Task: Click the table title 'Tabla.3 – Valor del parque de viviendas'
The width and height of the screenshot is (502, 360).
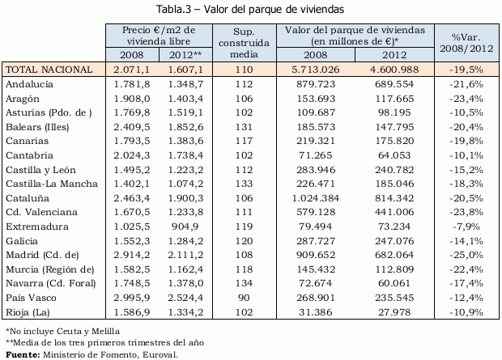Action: point(252,9)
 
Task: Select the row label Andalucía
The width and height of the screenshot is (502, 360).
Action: point(32,83)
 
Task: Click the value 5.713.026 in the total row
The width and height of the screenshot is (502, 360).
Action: point(315,70)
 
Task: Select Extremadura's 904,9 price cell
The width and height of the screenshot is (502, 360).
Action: point(186,227)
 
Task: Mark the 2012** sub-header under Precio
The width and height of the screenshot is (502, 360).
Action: point(185,55)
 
